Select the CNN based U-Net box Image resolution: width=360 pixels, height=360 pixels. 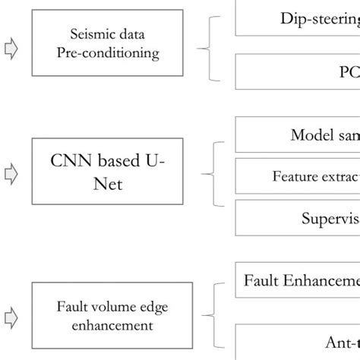point(112,173)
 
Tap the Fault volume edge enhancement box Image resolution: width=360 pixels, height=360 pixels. point(112,315)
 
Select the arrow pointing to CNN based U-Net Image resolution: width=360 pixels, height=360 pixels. point(11,175)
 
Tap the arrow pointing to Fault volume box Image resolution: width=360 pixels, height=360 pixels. point(11,316)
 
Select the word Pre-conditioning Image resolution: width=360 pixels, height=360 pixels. point(112,54)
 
